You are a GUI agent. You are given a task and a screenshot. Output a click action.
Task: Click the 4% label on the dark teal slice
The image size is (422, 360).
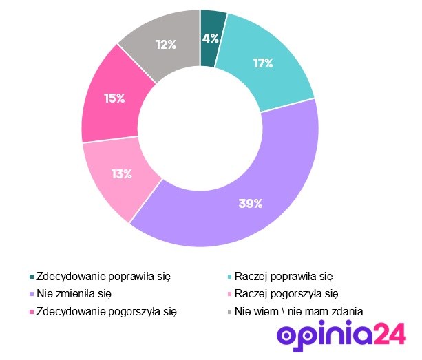tap(211, 38)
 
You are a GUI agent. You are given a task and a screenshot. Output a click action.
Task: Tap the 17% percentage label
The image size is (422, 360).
tap(263, 63)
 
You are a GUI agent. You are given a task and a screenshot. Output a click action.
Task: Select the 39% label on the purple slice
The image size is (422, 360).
tap(251, 203)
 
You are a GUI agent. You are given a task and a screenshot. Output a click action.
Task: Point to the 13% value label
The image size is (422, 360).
tap(121, 174)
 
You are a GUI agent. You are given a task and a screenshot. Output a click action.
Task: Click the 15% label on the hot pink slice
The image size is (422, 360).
tap(114, 98)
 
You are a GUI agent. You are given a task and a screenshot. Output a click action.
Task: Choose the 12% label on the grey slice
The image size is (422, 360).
tap(165, 45)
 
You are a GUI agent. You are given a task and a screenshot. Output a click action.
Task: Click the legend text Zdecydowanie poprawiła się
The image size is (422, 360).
tap(103, 276)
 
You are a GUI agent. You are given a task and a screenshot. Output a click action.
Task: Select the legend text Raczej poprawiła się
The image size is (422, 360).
tap(284, 276)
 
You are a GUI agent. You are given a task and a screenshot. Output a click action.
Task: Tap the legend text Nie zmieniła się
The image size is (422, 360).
tap(74, 293)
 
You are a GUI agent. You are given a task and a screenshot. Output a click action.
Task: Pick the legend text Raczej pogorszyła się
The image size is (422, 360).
tap(286, 293)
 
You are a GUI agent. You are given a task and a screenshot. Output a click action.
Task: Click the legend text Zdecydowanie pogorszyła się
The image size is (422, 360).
tap(106, 311)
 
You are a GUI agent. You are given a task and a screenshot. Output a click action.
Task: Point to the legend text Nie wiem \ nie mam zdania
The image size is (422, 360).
tap(299, 311)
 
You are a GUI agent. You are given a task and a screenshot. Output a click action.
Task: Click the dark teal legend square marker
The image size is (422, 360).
tap(30, 277)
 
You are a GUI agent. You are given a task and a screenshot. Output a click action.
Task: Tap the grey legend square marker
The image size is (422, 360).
tap(229, 312)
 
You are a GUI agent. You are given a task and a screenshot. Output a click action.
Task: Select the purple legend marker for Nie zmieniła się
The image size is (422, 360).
tap(30, 294)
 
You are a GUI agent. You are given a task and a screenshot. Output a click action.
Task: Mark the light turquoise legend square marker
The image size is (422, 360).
tap(229, 277)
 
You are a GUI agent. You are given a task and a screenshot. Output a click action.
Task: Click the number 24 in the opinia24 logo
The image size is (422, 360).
tap(390, 335)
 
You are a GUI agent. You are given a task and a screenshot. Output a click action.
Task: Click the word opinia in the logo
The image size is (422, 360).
tap(324, 335)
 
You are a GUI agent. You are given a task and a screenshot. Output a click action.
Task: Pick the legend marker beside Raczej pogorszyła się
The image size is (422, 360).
tap(229, 294)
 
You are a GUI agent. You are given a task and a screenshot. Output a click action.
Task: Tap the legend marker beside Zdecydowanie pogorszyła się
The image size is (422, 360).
tap(30, 312)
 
